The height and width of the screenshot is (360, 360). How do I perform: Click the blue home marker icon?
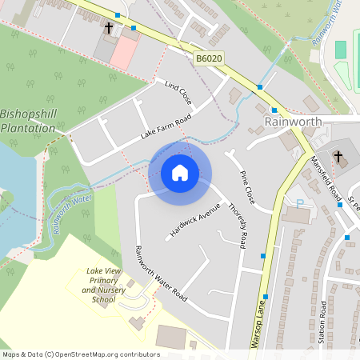pyautogui.click(x=180, y=173)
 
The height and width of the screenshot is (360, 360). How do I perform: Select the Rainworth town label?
pyautogui.click(x=293, y=122)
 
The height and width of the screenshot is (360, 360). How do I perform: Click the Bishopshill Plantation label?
pyautogui.click(x=29, y=121)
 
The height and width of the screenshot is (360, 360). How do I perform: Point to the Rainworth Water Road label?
pyautogui.click(x=160, y=273)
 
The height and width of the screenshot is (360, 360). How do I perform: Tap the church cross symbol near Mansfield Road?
pyautogui.click(x=338, y=156)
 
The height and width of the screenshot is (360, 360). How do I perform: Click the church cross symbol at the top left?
pyautogui.click(x=109, y=29)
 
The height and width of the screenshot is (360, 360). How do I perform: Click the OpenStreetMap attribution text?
pyautogui.click(x=80, y=354)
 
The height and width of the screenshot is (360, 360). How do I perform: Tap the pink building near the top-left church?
pyautogui.click(x=124, y=51)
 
